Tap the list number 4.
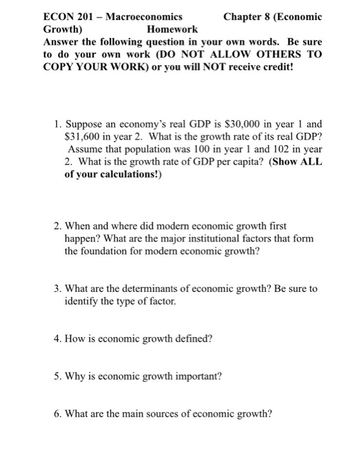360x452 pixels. coord(58,338)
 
